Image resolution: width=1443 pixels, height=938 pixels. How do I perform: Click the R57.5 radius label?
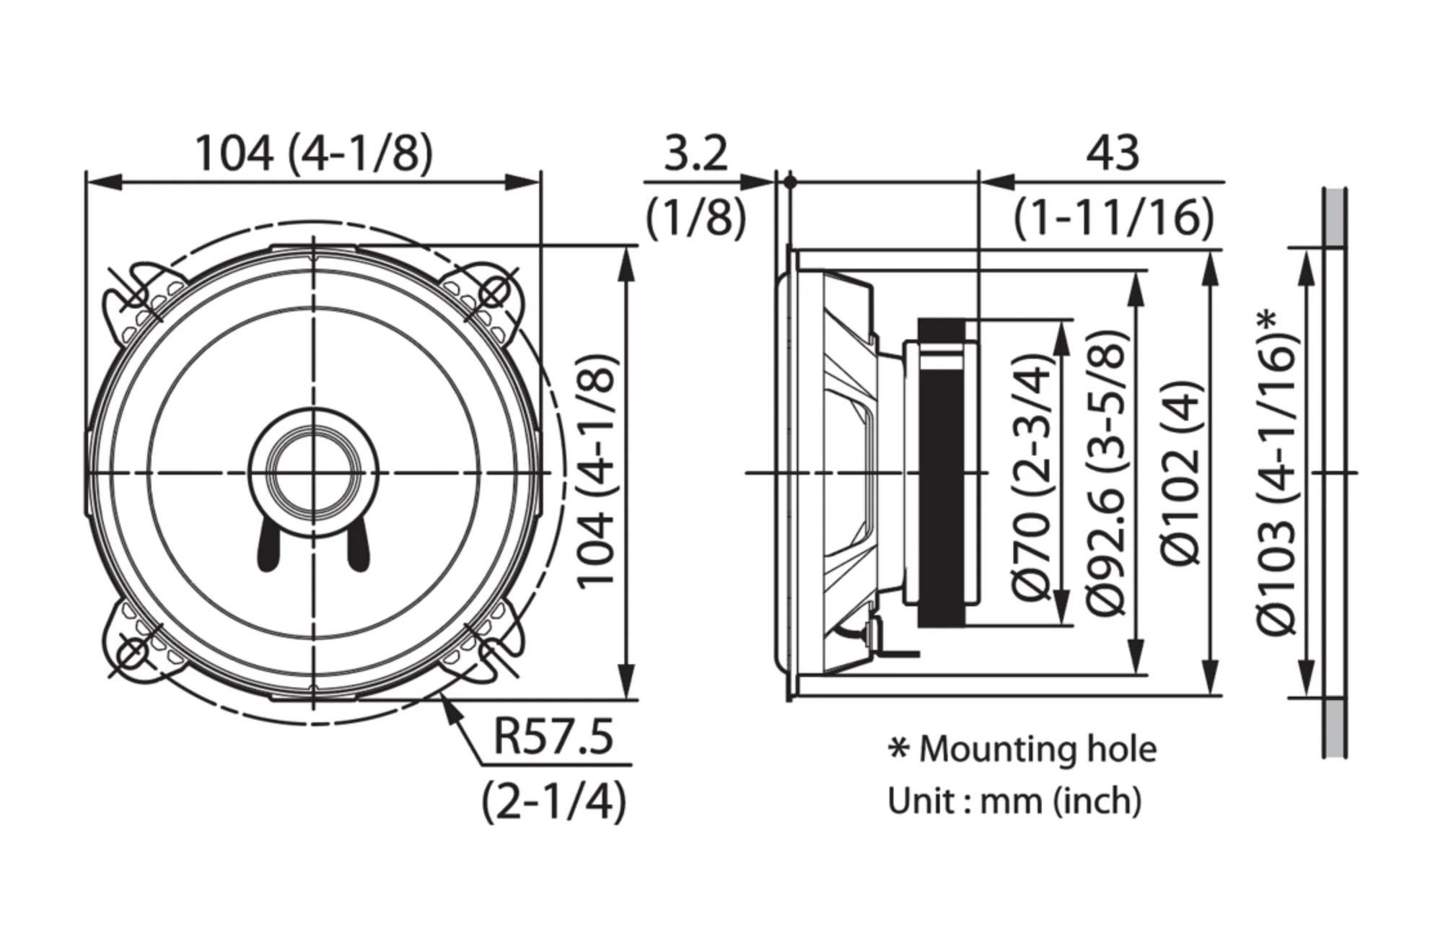553,736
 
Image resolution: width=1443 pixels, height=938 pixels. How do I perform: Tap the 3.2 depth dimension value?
696,153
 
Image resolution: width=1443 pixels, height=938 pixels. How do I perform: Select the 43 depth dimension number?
1112,153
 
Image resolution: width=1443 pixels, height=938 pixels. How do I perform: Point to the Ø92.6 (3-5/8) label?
1105,473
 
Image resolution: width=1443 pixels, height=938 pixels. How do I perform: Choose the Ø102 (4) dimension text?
1181,473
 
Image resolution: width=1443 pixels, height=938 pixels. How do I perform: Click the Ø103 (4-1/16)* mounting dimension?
1278,473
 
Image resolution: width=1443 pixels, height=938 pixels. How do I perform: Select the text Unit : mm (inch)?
1014,801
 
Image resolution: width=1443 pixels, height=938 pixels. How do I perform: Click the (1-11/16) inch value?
1113,217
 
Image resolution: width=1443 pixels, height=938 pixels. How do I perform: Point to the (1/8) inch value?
696,217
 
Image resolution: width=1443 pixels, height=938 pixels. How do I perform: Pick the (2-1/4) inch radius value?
553,801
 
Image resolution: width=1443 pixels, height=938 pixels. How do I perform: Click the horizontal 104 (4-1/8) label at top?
315,153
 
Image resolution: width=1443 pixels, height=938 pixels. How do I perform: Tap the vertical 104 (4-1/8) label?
598,473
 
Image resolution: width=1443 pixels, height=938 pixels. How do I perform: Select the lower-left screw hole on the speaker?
133,653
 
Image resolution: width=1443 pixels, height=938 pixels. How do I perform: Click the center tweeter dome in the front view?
314,473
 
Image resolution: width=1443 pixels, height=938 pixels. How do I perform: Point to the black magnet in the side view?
942,473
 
